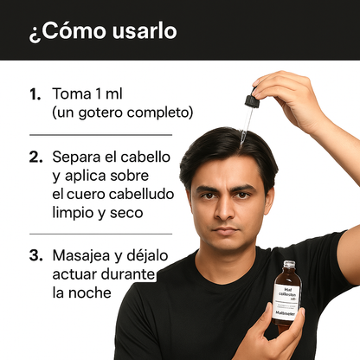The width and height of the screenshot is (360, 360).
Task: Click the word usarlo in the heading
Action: pos(139,31)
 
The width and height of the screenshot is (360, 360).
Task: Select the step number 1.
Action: pos(35,93)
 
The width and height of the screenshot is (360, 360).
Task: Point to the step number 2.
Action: pos(35,158)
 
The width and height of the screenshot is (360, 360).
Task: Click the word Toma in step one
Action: pos(70,93)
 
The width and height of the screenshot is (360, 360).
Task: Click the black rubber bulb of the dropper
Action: pos(252,100)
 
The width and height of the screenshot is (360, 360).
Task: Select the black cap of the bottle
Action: pos(288,265)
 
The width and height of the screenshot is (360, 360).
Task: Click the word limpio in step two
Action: pos(73,213)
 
